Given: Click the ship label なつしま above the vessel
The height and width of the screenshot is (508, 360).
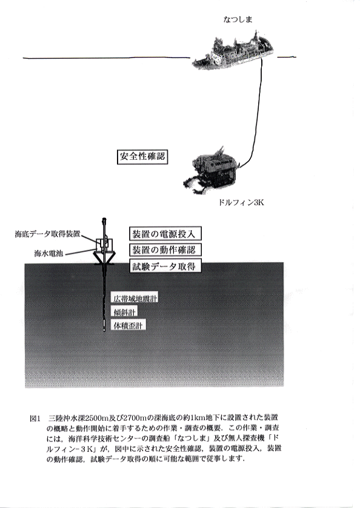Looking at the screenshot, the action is tap(238, 19).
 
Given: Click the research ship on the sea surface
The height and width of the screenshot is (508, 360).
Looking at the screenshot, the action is tap(232, 53).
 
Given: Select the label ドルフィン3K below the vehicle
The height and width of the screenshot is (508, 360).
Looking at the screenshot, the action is tap(241, 203).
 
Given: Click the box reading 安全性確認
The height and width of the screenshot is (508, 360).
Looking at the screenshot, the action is tap(142, 157).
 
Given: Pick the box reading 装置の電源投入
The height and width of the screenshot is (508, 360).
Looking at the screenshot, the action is tap(165, 234).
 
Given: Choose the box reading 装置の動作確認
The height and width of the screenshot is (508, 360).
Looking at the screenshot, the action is tap(165, 250).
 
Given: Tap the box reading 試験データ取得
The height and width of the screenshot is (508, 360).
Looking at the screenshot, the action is tap(165, 266).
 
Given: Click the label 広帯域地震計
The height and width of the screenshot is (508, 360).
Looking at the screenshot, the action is tap(135, 298).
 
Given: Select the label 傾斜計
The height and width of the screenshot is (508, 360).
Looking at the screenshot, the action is tap(124, 312).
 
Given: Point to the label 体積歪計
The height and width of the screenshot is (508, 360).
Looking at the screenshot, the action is tap(128, 325).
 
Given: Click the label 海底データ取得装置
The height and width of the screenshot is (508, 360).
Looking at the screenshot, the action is tap(47, 234).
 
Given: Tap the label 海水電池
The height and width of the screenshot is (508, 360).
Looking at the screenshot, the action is tap(48, 253).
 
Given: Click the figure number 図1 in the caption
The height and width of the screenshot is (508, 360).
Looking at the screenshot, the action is tap(35, 418).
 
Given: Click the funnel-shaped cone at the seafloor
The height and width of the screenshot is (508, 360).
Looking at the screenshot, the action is tap(104, 257).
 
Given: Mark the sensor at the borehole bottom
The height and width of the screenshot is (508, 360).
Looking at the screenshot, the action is tap(104, 325).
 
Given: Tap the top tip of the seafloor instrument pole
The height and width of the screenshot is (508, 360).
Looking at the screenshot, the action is tap(104, 218).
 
